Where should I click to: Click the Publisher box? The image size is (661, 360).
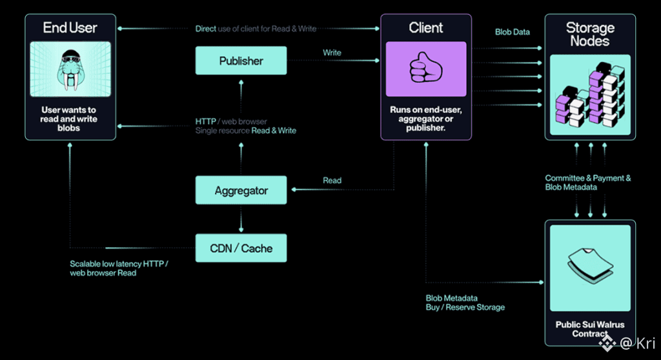(241, 61)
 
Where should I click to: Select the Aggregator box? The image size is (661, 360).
(241, 191)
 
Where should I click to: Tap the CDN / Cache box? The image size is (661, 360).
(241, 248)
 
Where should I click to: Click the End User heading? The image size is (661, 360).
(70, 28)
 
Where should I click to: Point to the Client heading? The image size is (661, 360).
(425, 28)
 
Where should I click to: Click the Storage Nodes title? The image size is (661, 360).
(589, 34)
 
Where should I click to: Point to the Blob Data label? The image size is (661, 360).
(513, 32)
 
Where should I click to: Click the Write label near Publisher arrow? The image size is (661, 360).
(332, 53)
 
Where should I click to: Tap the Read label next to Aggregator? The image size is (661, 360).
(332, 181)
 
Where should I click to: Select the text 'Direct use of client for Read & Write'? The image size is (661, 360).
(256, 29)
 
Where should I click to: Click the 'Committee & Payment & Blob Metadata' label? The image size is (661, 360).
(588, 183)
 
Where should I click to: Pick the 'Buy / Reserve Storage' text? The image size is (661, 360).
(465, 307)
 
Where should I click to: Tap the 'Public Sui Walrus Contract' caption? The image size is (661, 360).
(589, 329)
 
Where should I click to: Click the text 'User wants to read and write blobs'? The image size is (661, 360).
(69, 119)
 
